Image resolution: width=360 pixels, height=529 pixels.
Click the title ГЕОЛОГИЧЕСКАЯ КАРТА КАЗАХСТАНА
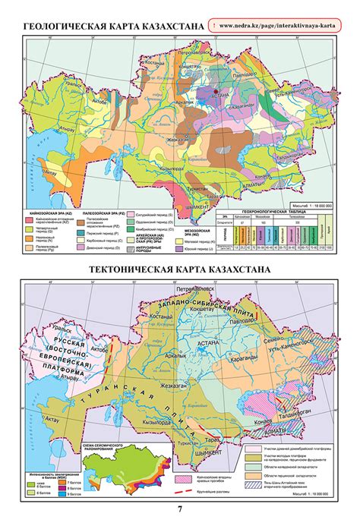coord(114,28)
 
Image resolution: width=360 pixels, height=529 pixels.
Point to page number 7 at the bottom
coord(179,509)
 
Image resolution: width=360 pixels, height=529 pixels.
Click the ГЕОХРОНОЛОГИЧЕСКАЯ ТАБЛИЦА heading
coord(286,206)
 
